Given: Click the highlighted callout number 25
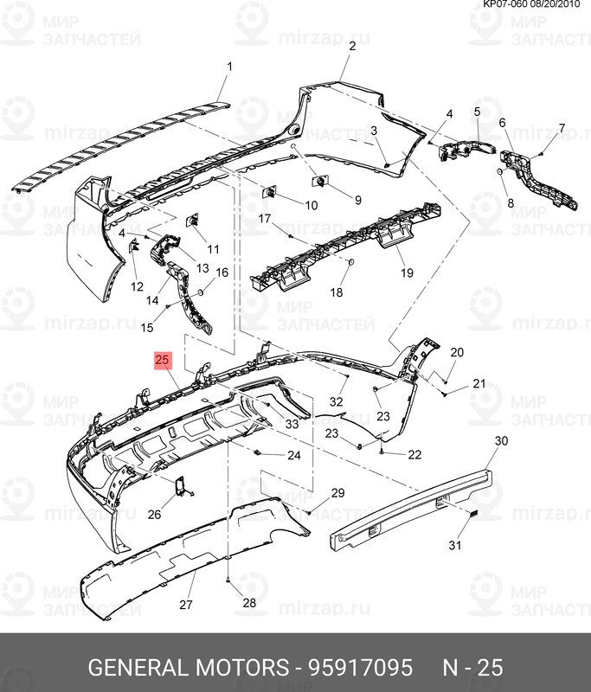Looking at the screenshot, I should [163, 359].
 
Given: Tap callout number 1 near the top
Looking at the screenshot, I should [230, 67].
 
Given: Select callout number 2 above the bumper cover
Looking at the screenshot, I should [352, 48].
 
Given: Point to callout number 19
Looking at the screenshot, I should [407, 273].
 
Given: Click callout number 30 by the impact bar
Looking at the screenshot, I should [501, 441].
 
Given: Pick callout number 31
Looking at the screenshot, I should [455, 545].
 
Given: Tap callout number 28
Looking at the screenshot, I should [249, 602].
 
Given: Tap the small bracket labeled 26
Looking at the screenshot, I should [181, 490].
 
